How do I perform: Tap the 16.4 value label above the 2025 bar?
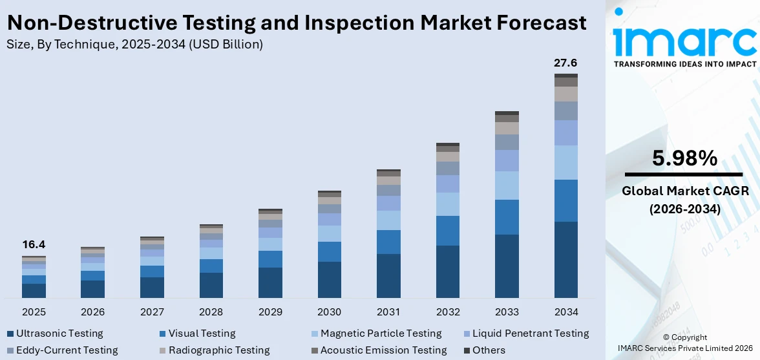coord(34,245)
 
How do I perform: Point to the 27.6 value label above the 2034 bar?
coord(565,63)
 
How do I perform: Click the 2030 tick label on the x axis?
coord(330,312)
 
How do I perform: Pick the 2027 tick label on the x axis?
coord(152,312)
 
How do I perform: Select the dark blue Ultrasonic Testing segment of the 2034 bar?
coord(565,259)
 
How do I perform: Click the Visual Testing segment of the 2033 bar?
coord(507,217)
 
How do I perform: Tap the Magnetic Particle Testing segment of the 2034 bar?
coord(565,162)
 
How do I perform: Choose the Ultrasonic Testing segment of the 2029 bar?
coord(270,282)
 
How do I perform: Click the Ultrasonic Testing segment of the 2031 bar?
coord(388,275)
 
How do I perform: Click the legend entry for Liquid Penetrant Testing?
coord(530,334)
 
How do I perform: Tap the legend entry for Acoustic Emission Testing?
coord(383,350)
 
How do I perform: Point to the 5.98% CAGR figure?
coord(684,158)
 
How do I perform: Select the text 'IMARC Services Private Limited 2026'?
coord(684,348)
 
